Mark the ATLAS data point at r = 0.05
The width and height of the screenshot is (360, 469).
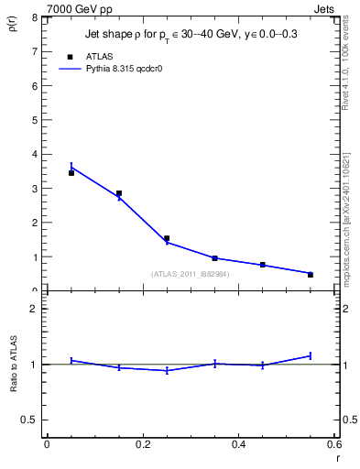(71, 173)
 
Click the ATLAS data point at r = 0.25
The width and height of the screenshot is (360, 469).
(167, 238)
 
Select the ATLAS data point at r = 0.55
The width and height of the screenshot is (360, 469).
(311, 275)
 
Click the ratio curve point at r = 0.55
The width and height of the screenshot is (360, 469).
(311, 355)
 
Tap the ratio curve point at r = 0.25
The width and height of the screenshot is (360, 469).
(167, 370)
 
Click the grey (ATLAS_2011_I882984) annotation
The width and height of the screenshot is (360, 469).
(191, 273)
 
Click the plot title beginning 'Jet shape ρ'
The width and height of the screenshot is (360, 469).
(191, 34)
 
